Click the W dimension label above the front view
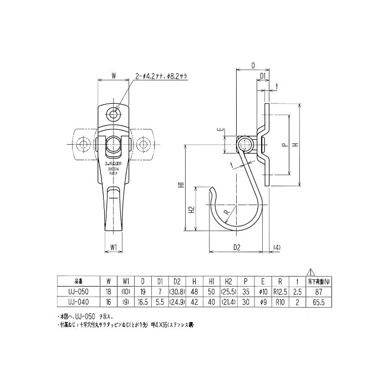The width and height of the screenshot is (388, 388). click(113, 73)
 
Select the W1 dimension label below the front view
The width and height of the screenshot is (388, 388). click(113, 248)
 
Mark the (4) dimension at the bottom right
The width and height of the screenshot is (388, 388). click(277, 248)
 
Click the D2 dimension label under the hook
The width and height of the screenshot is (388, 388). click(236, 248)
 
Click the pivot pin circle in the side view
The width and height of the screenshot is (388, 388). click(243, 145)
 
